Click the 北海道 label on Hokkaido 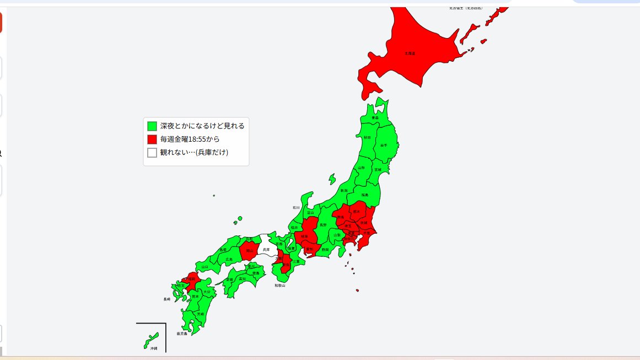coord(410,53)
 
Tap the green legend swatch coord(152,126)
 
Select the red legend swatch coord(152,139)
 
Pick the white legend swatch coord(152,153)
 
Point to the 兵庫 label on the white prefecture coord(266,250)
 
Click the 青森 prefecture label coord(375,118)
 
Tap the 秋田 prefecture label coord(367,137)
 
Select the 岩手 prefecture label coord(384,145)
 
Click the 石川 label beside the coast coord(296,208)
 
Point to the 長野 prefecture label coord(323,225)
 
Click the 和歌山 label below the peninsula coord(281,286)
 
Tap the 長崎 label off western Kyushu coord(166,299)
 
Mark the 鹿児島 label coord(182,334)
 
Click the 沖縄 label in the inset coord(154,348)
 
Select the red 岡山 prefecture coord(249,250)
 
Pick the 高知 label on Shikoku coord(243,280)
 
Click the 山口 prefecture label coord(205,267)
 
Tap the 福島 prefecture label coord(365,195)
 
